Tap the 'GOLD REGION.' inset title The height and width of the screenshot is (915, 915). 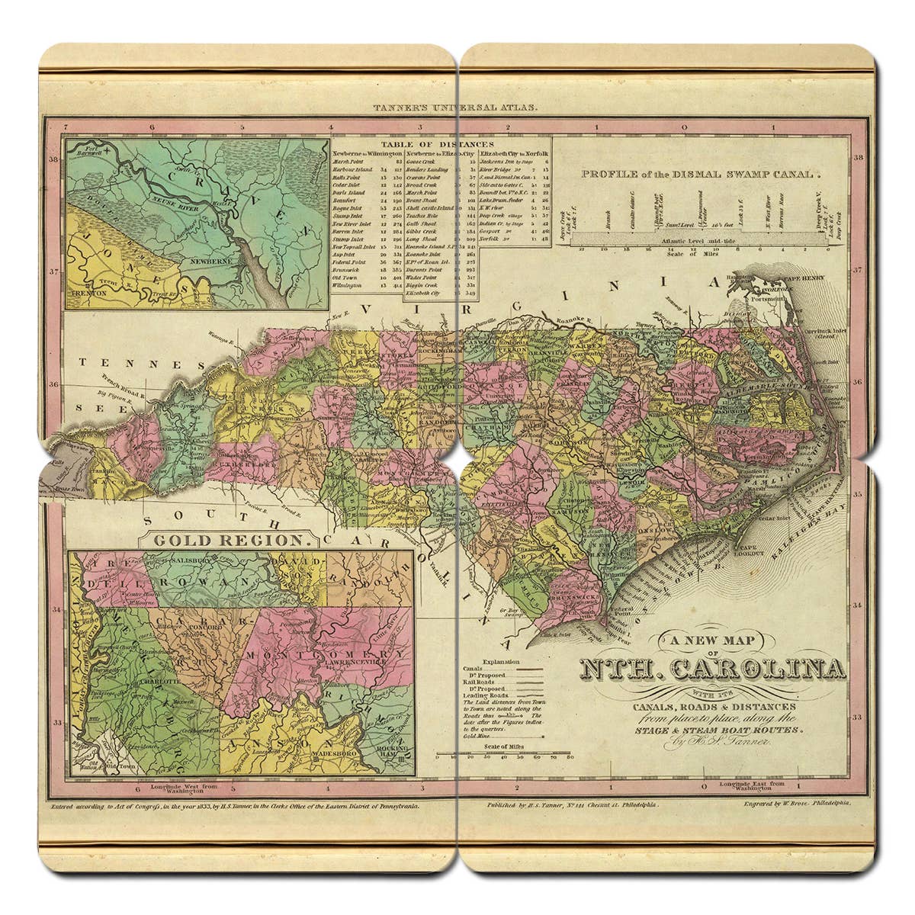pos(234,540)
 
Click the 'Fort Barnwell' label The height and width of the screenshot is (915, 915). pos(87,149)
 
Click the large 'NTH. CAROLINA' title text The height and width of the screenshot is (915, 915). pos(713,669)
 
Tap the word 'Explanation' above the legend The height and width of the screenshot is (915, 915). pos(500,662)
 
